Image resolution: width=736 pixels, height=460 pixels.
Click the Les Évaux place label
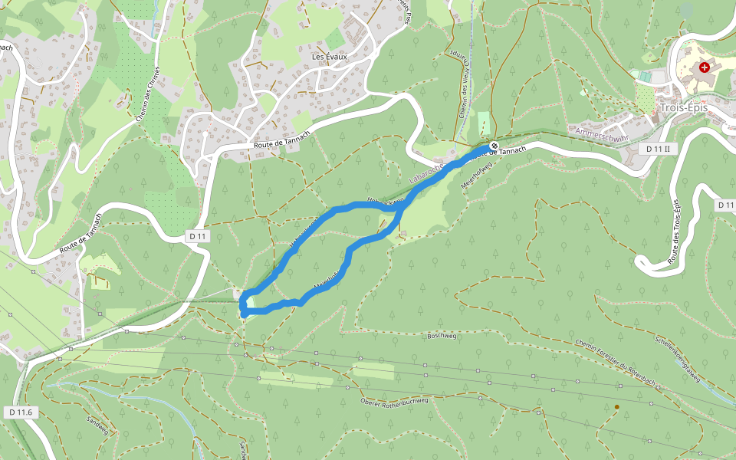(x=330, y=57)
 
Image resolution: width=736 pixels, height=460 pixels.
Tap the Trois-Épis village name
(x=683, y=108)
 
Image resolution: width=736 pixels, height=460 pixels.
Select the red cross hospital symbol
(x=705, y=67)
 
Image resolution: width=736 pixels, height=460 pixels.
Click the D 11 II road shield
(x=658, y=148)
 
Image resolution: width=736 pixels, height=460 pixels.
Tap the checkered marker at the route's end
(x=495, y=146)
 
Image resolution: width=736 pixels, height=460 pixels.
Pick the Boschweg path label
(x=442, y=336)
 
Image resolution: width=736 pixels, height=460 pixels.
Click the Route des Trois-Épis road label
(x=675, y=230)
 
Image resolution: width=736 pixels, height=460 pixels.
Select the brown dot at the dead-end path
(x=616, y=407)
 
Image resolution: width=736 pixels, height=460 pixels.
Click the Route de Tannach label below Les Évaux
(x=281, y=142)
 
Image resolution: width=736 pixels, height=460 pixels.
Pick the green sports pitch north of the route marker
(x=484, y=123)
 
